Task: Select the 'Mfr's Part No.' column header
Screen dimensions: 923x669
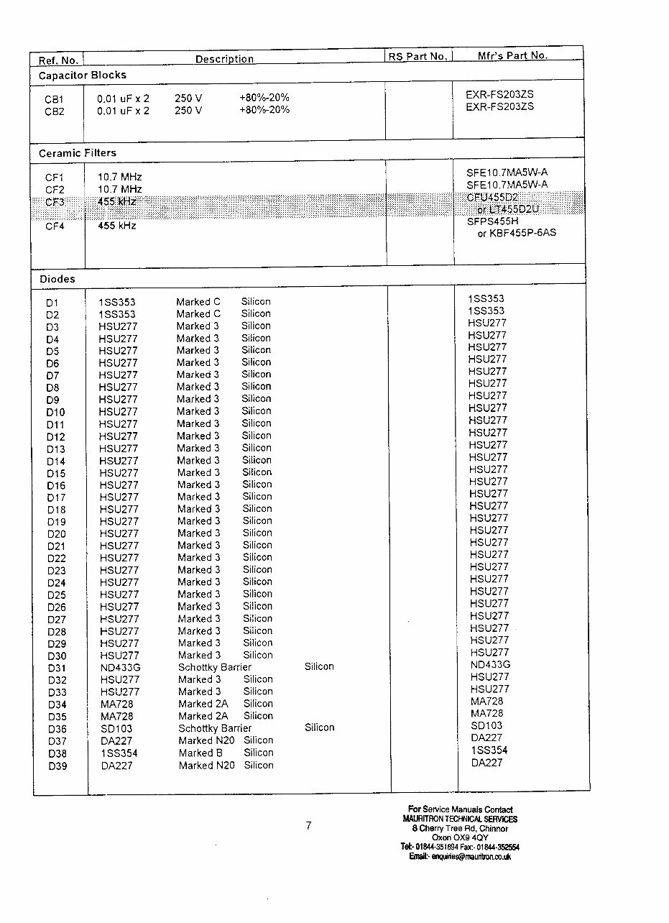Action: [x=512, y=55]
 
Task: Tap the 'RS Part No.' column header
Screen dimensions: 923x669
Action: [x=417, y=57]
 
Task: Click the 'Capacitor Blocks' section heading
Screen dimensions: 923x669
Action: [x=82, y=75]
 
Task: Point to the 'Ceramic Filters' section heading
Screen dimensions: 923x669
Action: [x=77, y=153]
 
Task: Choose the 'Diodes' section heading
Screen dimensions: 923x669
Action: [x=57, y=279]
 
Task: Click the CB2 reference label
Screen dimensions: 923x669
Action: [x=55, y=111]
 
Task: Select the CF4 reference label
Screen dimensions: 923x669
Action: [x=55, y=227]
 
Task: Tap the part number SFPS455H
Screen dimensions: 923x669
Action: [x=492, y=221]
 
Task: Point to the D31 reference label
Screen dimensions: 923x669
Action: [x=57, y=668]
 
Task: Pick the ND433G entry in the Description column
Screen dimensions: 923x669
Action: [x=120, y=667]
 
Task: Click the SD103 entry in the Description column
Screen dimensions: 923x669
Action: [x=116, y=728]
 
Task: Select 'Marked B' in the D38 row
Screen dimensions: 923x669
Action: [x=195, y=753]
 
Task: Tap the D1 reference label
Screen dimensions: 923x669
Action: [x=52, y=303]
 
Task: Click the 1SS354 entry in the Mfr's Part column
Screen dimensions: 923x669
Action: [x=489, y=750]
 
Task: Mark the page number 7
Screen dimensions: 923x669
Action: [x=308, y=826]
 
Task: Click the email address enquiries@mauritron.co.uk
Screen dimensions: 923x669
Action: [x=460, y=857]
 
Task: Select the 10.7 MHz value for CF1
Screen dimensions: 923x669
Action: [x=119, y=177]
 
